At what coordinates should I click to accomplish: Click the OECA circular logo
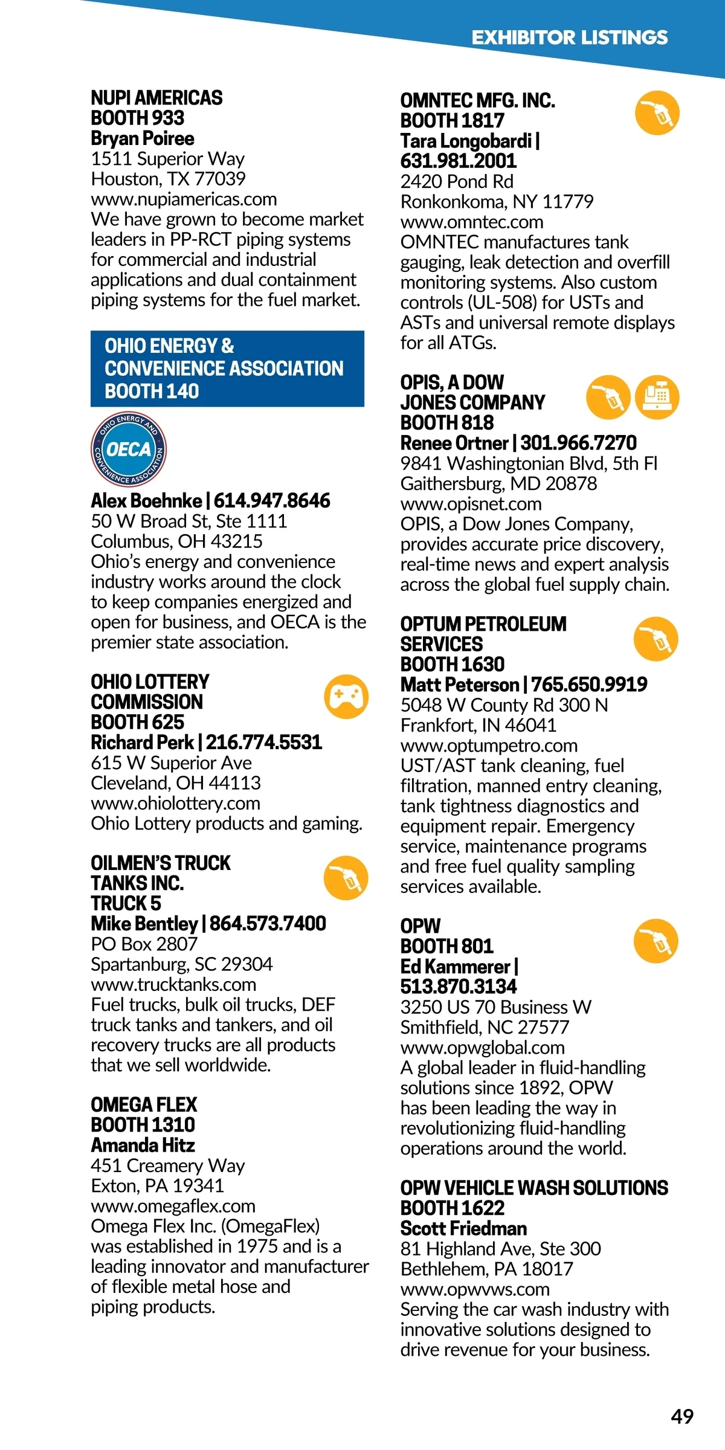129,449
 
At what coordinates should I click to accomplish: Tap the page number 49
682,1416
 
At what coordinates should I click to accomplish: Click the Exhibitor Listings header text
569,37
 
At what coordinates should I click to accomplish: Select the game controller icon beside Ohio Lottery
346,696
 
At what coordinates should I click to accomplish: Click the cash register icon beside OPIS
657,397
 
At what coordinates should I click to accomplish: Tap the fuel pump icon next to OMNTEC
657,113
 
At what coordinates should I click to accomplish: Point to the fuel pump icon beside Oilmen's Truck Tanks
346,878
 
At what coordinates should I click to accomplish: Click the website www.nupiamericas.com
184,199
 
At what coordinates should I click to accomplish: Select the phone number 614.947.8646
272,501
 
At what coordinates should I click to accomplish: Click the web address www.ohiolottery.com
175,803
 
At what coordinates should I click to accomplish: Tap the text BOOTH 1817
452,121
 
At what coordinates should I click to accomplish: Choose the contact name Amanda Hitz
143,1145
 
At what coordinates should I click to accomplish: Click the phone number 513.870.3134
459,987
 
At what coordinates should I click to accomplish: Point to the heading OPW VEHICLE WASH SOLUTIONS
534,1188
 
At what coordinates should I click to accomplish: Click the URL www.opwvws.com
475,1289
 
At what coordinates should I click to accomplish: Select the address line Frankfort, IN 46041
478,725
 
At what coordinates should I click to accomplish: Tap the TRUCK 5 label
126,903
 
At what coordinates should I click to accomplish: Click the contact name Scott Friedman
463,1228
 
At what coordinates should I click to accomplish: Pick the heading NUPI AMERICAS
156,98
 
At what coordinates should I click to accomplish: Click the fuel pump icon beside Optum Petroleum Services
656,639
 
